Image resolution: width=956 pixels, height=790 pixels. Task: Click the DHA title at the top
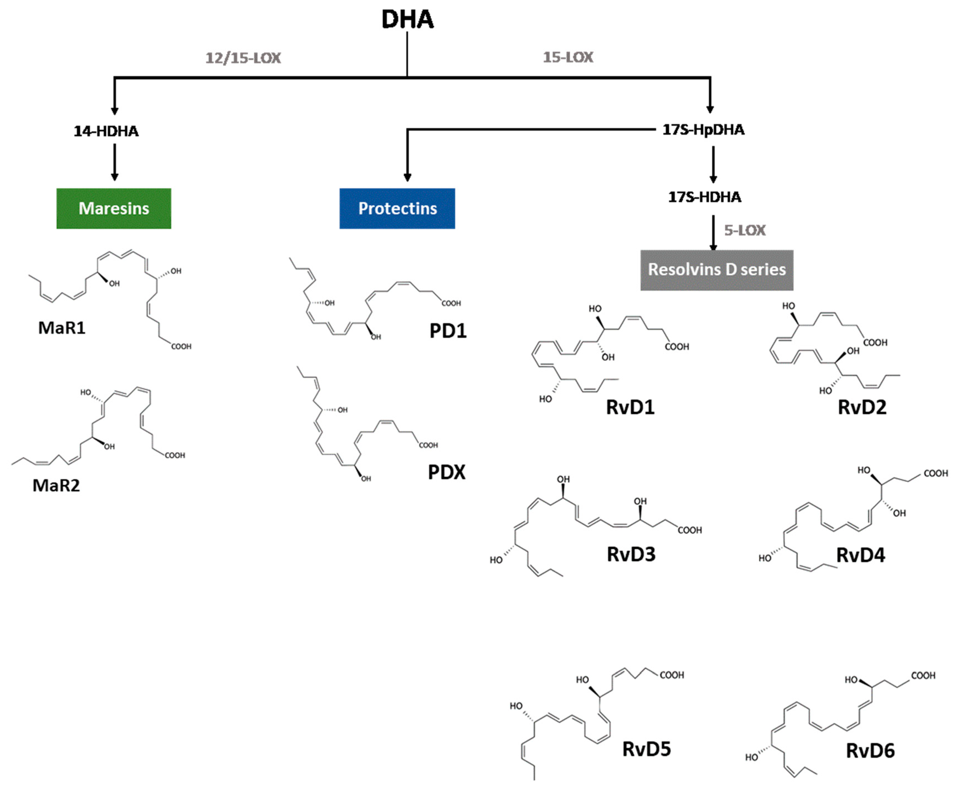407,19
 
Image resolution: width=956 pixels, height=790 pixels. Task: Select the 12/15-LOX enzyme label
243,58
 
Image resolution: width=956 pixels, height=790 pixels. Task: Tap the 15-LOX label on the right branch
568,57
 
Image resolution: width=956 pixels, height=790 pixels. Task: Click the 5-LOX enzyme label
745,230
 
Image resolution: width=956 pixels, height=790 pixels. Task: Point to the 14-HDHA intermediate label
106,131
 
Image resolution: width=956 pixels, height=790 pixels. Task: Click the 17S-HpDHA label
703,130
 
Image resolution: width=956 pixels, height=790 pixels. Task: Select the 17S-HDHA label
704,197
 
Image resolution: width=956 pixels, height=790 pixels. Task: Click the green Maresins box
114,208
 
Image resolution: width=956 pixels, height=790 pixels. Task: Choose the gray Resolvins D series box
716,269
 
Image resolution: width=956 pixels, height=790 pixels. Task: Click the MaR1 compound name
62,328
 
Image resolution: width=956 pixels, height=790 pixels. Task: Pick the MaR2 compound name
56,485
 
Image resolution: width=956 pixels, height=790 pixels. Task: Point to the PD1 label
448,331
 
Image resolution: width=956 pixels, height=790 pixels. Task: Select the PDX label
447,472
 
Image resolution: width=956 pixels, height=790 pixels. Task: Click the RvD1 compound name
630,407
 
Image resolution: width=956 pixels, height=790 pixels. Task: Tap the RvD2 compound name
862,407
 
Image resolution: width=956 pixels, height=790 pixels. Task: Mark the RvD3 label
631,554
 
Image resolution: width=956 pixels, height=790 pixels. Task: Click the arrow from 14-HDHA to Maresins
115,162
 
